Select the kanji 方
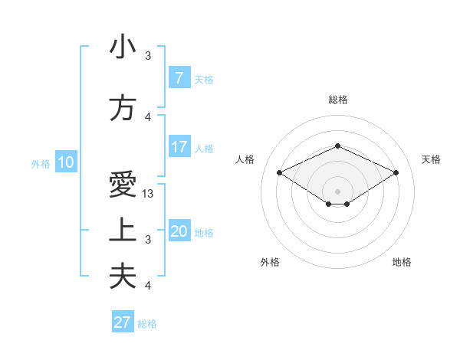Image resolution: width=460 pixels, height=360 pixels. click(123, 109)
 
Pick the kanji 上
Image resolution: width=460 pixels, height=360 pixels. click(123, 231)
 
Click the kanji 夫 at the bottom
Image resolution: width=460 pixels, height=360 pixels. click(123, 277)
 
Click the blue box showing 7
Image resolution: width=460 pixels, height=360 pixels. click(179, 78)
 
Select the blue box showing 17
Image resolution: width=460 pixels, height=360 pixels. click(179, 147)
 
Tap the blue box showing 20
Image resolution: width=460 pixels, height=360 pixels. click(179, 231)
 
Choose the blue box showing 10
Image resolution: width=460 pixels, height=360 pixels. click(65, 162)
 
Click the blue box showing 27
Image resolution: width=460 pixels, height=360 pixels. click(123, 322)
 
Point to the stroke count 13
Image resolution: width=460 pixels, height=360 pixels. click(149, 194)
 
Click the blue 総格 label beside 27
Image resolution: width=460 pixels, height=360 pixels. click(147, 324)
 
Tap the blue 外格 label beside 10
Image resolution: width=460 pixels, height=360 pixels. click(41, 163)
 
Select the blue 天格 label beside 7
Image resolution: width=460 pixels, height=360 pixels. click(203, 80)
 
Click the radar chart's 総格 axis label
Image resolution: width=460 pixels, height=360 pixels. click(337, 100)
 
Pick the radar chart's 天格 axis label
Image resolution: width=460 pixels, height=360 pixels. click(431, 159)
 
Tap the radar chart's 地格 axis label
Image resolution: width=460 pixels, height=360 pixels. click(402, 262)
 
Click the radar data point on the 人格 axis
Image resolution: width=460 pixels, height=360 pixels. click(279, 172)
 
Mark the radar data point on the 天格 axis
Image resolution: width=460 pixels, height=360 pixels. click(396, 172)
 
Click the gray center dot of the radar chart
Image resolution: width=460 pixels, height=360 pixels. click(337, 190)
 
